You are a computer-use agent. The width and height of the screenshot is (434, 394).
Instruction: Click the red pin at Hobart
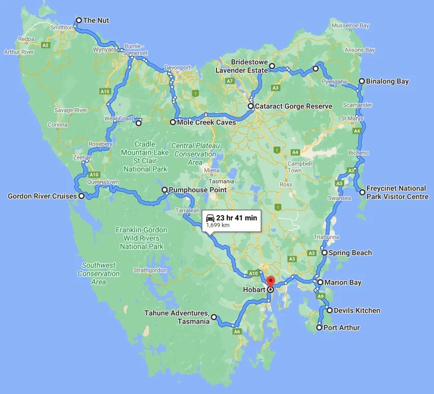(270, 281)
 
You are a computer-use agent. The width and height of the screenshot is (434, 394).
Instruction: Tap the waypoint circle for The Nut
(78, 21)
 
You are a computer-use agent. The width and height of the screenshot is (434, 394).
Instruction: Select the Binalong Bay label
(387, 81)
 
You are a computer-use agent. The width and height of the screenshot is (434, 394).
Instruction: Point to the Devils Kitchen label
(357, 310)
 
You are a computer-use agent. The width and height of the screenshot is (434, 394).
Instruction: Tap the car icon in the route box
(210, 218)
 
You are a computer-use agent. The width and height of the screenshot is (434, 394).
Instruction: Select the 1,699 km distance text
(218, 226)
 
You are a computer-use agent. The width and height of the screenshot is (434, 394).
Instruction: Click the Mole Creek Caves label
(206, 123)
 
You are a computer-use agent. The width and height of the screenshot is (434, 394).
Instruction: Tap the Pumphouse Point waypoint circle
(165, 190)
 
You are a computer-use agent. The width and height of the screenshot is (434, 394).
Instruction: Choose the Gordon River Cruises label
(42, 196)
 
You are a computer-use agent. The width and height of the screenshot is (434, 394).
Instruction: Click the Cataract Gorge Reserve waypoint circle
(251, 106)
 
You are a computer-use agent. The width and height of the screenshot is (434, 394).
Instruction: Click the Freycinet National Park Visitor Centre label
(397, 192)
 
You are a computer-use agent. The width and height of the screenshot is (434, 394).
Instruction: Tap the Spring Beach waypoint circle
(324, 253)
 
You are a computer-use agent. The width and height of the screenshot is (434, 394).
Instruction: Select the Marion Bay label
(343, 282)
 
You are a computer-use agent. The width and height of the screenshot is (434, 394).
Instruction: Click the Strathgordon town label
(150, 270)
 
